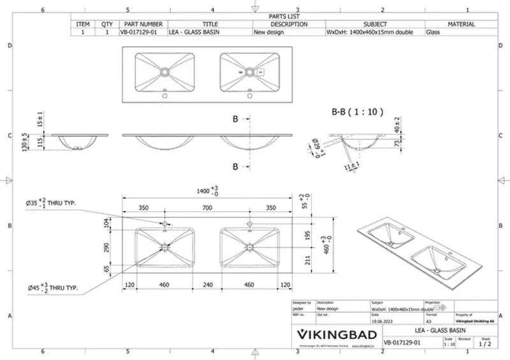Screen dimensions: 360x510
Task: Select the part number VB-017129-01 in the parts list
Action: (x=136, y=31)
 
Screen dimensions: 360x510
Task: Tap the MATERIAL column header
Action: (x=461, y=24)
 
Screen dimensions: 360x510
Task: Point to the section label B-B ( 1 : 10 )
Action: (x=357, y=112)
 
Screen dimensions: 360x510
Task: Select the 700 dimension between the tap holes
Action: (x=207, y=208)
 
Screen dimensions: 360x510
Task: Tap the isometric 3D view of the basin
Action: (x=415, y=248)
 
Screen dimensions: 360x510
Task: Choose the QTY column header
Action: (x=106, y=24)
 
